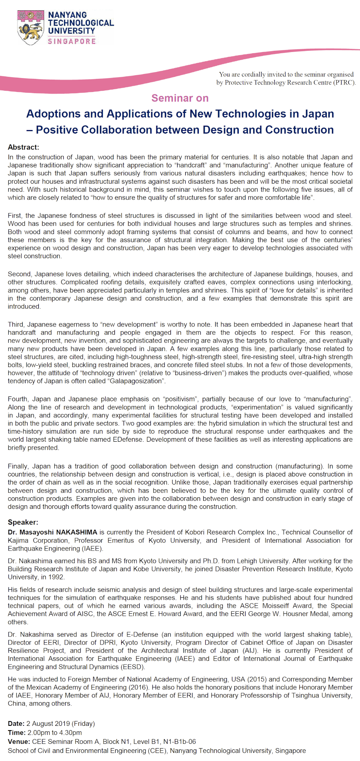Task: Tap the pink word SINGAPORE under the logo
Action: tap(72, 41)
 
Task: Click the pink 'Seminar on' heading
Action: tap(180, 98)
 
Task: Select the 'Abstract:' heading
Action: tap(24, 147)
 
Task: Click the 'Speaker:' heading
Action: tap(23, 522)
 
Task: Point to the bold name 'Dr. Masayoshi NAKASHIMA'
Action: tap(52, 532)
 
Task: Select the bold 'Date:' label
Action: tap(16, 723)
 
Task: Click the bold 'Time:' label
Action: tap(16, 733)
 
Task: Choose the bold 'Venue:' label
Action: tap(19, 741)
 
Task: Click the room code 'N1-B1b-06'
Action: tap(180, 741)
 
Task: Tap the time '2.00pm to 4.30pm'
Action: tap(54, 733)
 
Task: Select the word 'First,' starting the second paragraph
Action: tap(16, 216)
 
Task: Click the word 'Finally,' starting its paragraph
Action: tap(19, 466)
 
